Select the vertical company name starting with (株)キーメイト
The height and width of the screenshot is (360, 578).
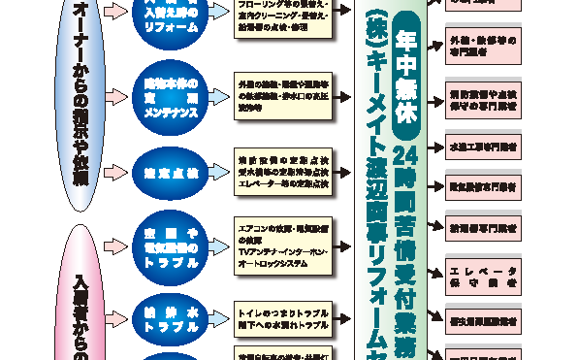[x=379, y=184]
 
